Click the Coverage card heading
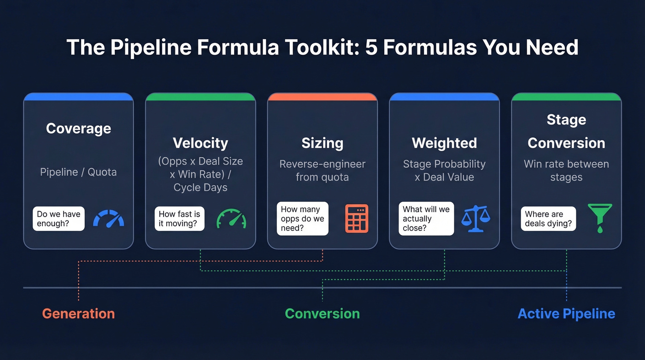78,128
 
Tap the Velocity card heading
200,143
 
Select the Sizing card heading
322,143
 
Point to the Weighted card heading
444,143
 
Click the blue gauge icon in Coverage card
109,218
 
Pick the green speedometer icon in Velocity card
231,218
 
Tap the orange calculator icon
357,218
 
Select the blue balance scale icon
476,218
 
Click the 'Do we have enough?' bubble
59,218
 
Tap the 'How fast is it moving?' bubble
180,218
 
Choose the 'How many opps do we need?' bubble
302,218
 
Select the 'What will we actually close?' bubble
426,218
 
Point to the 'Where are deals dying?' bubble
548,218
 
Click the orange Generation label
78,313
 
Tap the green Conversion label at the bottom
322,313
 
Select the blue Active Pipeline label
566,313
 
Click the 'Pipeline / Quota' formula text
78,172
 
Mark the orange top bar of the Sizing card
322,97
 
